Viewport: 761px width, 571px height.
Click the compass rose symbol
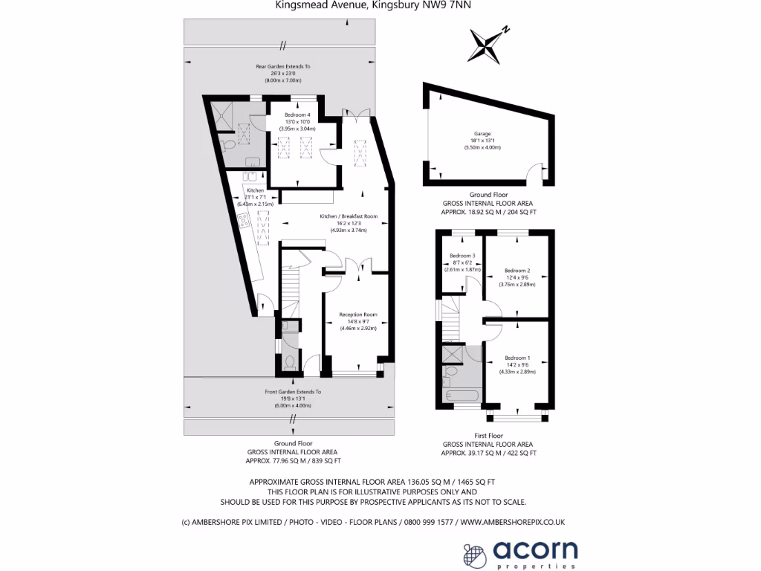coord(488,43)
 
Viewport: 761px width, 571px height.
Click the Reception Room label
coord(358,314)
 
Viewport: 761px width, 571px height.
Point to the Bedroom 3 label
coord(463,256)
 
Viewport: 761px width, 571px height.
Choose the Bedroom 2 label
coord(516,271)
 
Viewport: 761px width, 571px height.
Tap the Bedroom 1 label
coord(516,358)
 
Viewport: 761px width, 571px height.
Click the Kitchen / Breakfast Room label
coord(349,216)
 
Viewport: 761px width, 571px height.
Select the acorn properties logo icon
coord(476,554)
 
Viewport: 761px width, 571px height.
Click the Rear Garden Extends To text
coord(283,67)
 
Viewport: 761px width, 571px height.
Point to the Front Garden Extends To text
coord(293,391)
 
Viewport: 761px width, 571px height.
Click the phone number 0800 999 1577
coord(429,522)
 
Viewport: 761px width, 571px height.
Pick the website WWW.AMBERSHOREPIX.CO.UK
coord(513,522)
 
